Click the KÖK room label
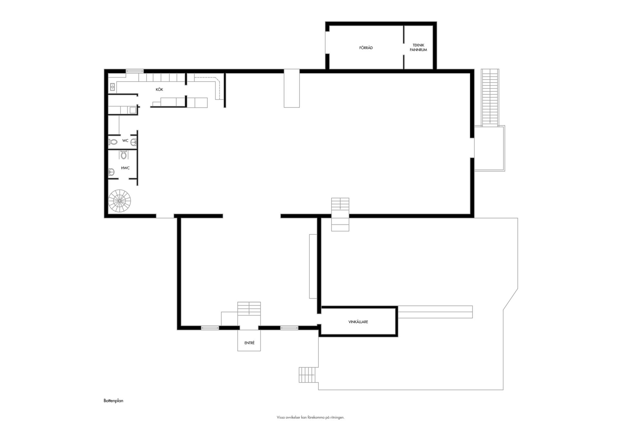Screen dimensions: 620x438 (x=159, y=89)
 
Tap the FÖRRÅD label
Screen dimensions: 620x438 (x=366, y=48)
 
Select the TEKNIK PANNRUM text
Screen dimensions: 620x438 (x=418, y=47)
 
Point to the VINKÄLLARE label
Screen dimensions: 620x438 (x=358, y=322)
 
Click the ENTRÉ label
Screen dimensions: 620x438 (x=249, y=343)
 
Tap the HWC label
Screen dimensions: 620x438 (x=125, y=168)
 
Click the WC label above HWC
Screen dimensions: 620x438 (x=125, y=140)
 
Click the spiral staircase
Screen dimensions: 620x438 (x=119, y=201)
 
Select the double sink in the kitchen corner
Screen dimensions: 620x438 (x=112, y=87)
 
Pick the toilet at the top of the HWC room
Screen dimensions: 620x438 (x=123, y=155)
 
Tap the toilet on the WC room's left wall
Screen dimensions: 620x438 (x=113, y=141)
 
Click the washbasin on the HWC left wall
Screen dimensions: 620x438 (x=111, y=171)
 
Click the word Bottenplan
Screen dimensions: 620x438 (x=113, y=401)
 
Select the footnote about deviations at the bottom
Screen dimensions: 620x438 (x=310, y=417)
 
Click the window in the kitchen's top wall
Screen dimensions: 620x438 (x=135, y=71)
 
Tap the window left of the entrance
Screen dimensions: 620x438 (x=210, y=328)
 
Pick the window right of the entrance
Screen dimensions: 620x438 (x=289, y=328)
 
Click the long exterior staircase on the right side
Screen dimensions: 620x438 (x=490, y=97)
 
